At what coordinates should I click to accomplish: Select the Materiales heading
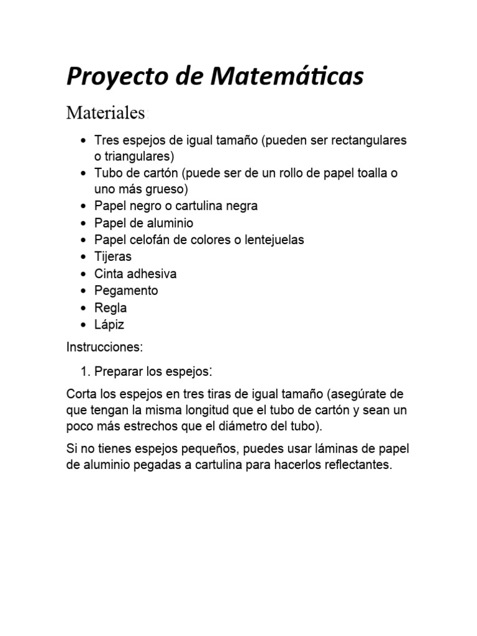coord(106,113)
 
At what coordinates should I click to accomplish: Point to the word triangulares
coord(139,155)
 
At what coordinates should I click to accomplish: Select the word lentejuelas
coord(273,240)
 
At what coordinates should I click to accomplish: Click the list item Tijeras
coord(113,257)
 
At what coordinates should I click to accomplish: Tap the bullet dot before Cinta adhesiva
coord(84,274)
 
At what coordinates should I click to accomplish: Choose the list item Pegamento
coord(126,291)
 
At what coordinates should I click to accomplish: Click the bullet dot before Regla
coord(84,308)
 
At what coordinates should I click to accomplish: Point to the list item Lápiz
coord(109,324)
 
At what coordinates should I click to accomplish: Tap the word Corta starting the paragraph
coord(81,395)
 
